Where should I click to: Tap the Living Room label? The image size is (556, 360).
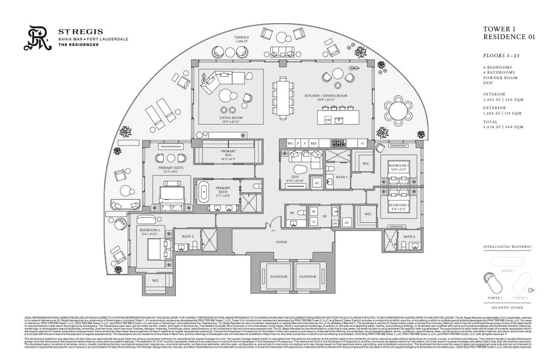coord(231,120)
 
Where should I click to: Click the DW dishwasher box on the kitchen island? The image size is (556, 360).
coord(328,120)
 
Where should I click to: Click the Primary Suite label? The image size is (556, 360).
coord(171,170)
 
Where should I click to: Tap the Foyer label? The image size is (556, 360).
coord(282,242)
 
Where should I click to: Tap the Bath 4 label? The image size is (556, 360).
coord(409,236)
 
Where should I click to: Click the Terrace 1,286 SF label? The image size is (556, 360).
coord(242,39)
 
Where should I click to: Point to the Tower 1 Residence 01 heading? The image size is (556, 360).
coord(509,33)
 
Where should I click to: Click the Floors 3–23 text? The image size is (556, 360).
coord(501,55)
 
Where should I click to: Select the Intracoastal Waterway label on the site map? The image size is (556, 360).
coord(507,247)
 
